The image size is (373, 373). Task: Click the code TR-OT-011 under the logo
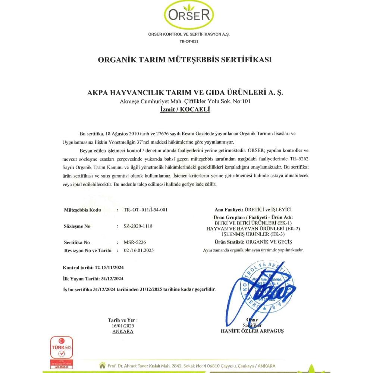click(189, 41)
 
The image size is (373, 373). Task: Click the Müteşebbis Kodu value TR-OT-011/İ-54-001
click(145, 210)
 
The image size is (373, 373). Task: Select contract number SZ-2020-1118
click(138, 226)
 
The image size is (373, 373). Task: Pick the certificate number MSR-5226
click(132, 242)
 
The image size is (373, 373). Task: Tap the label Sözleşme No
click(78, 226)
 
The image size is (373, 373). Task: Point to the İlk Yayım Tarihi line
click(93, 279)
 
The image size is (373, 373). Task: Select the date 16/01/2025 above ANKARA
click(123, 326)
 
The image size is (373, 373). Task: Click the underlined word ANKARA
click(123, 331)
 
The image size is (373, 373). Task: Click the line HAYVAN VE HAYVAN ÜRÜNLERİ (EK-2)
click(253, 228)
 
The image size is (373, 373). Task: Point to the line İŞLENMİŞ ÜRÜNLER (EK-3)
click(253, 233)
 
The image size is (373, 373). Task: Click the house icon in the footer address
click(101, 365)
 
